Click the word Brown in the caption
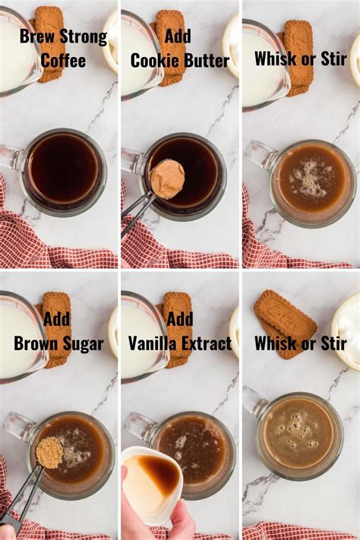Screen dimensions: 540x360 click(x=36, y=343)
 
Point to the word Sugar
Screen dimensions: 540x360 click(x=84, y=344)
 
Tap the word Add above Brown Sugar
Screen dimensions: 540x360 click(x=56, y=318)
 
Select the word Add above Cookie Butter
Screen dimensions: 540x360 click(x=177, y=36)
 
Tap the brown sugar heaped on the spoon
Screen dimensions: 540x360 click(x=49, y=451)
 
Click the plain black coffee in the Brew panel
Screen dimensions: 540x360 click(x=64, y=168)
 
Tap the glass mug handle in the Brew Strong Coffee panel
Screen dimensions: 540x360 click(x=11, y=157)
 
